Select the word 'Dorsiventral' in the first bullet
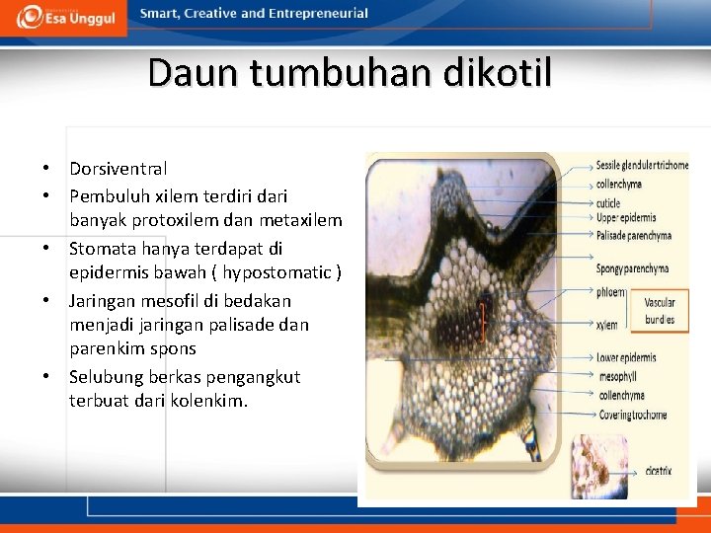118,169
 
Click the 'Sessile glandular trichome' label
642,165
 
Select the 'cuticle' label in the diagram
608,203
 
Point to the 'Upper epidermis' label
626,218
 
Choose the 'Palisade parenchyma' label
634,236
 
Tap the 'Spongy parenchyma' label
632,268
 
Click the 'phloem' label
611,292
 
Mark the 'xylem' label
607,325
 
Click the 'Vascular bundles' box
660,311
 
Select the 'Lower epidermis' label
626,357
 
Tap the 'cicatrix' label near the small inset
659,472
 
